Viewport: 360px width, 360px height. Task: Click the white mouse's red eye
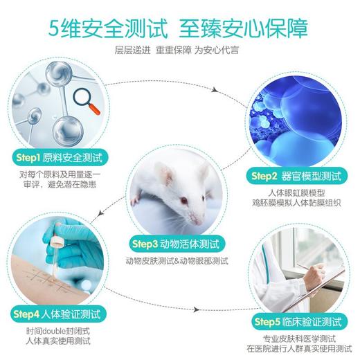[x=183, y=201]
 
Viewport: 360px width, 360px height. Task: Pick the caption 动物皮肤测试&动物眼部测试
[x=177, y=261]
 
